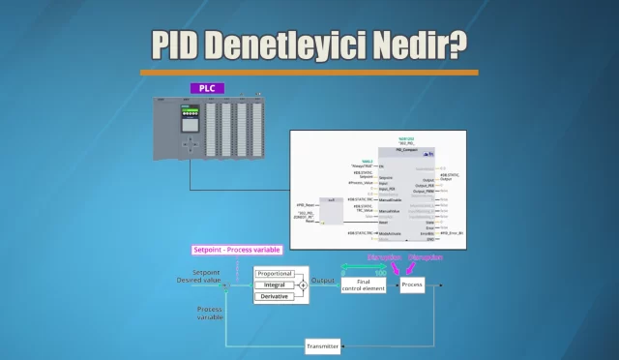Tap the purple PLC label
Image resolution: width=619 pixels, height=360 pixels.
pos(207,88)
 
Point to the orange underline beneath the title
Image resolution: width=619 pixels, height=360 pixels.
pos(309,72)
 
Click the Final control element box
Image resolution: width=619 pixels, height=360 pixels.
pos(364,285)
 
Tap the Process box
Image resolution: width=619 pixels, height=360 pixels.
pos(412,285)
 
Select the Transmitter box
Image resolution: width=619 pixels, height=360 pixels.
pos(322,345)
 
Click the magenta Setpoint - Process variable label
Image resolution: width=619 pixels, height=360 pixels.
pos(237,250)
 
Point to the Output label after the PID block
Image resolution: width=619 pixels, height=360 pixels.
pos(323,281)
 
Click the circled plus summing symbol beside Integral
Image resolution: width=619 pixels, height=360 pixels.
pos(302,285)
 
